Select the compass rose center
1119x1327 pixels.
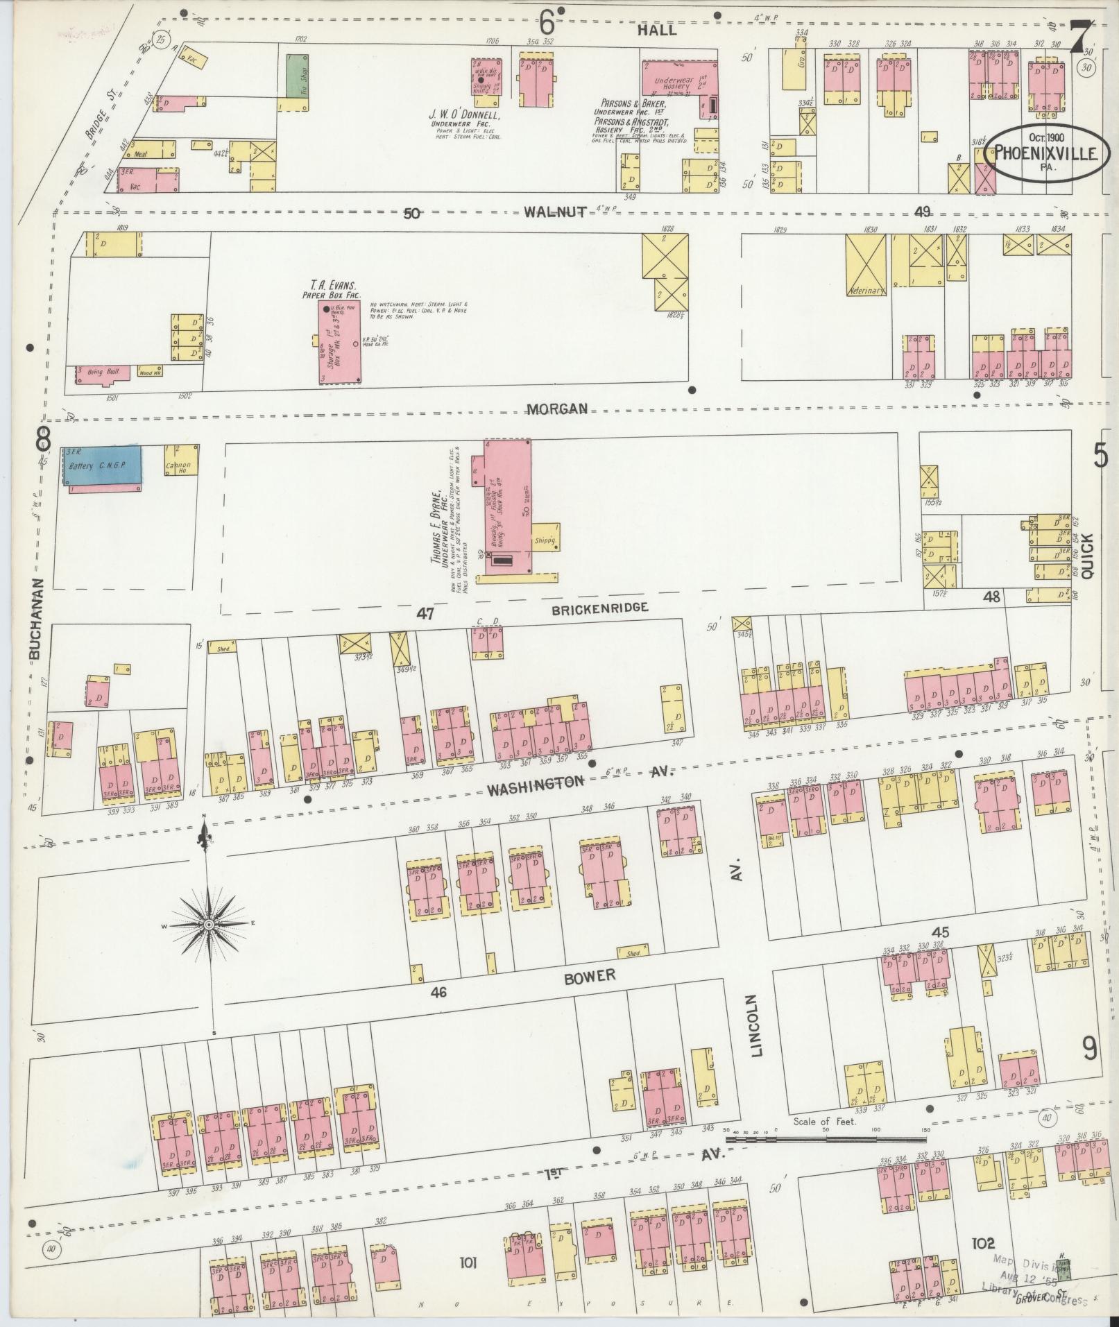pos(208,925)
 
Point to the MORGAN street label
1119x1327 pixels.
pos(557,409)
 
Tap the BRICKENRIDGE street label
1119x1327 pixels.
pos(600,608)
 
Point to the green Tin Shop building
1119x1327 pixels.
pos(297,76)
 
